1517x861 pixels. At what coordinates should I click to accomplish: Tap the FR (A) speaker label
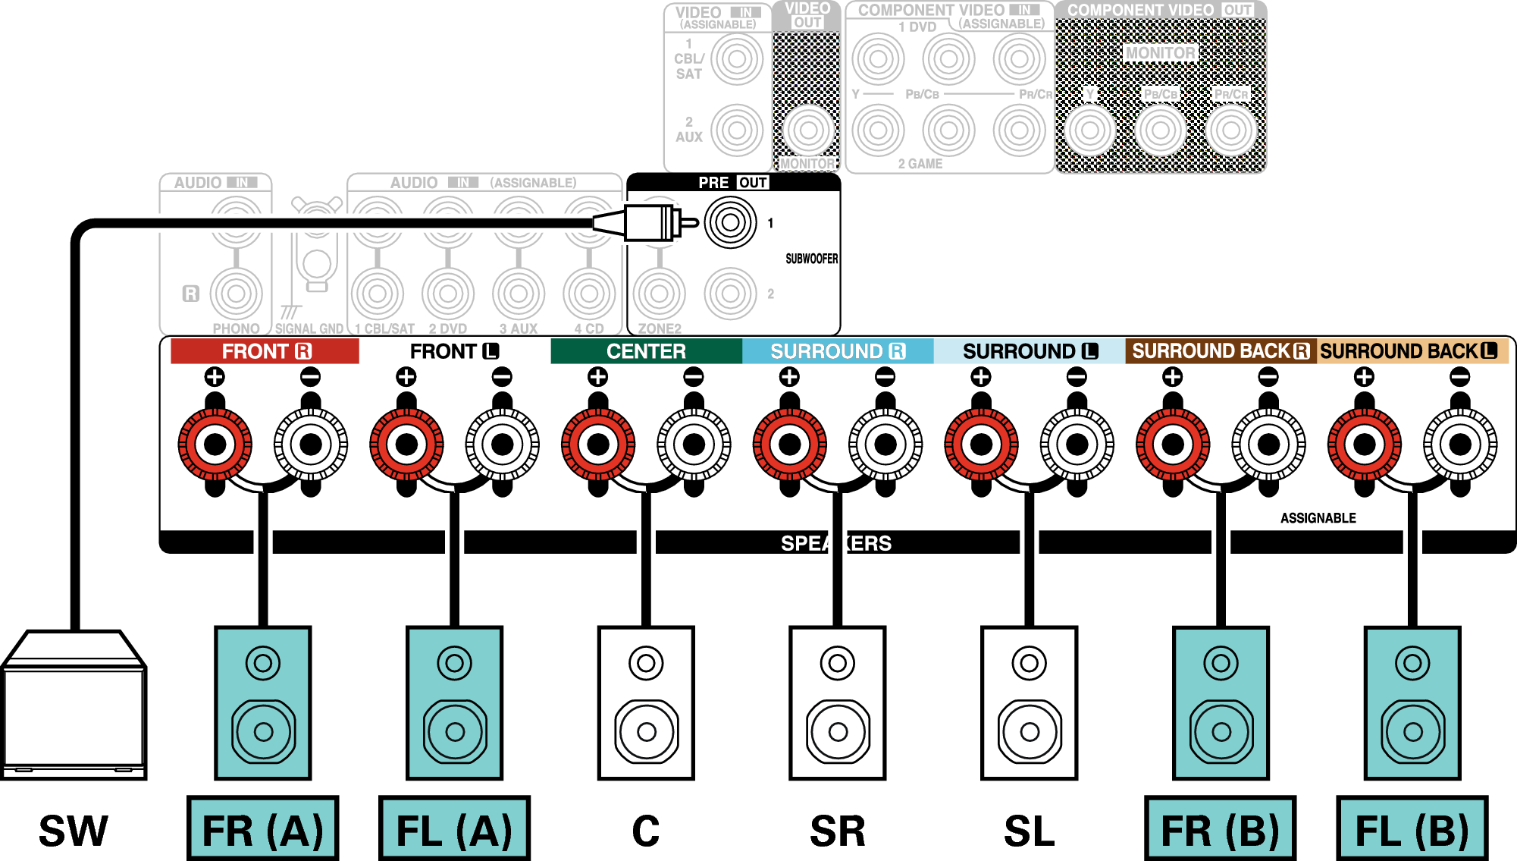[x=263, y=829]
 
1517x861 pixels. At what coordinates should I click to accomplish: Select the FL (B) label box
[x=1412, y=829]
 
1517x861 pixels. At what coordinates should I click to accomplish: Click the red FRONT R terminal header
[x=265, y=351]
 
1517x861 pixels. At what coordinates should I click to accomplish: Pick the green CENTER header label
[x=646, y=351]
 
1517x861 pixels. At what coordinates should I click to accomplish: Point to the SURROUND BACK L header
[x=1411, y=351]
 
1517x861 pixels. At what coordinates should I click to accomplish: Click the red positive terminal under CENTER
[x=598, y=445]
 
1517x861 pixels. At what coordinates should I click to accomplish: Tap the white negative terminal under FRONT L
[x=502, y=445]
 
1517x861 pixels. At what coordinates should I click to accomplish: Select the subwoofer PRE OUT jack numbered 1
[x=730, y=222]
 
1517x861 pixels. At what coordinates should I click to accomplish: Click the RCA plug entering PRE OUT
[x=644, y=223]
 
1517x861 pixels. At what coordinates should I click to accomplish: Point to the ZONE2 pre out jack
[x=659, y=294]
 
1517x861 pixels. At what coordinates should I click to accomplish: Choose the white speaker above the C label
[x=646, y=702]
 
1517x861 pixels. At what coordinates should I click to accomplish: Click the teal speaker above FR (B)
[x=1221, y=702]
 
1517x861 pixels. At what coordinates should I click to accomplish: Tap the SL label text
[x=1029, y=831]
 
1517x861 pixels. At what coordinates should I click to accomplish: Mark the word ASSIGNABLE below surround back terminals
[x=1318, y=518]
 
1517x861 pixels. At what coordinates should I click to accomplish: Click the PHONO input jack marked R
[x=236, y=294]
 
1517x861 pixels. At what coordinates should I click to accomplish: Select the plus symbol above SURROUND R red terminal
[x=789, y=377]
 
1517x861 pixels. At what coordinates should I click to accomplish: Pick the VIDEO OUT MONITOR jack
[x=807, y=130]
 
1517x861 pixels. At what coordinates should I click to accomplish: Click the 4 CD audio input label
[x=589, y=328]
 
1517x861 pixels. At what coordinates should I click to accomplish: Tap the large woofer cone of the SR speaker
[x=838, y=731]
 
